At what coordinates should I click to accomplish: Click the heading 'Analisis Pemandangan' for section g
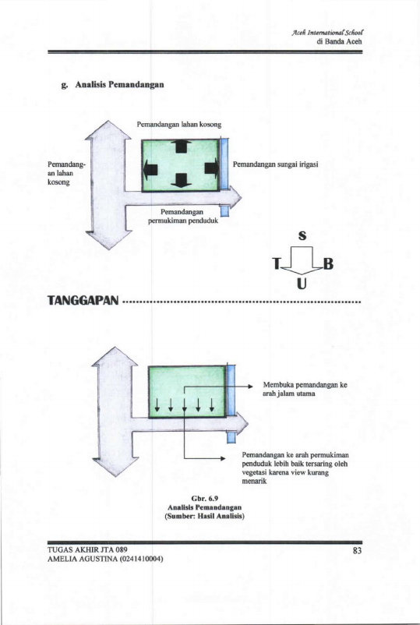tap(119, 84)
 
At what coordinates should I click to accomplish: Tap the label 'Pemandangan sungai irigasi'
tap(275, 164)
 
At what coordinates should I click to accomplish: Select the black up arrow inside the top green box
tap(182, 147)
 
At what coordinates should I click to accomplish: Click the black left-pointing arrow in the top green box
tap(150, 170)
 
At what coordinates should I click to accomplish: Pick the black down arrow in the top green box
tap(182, 181)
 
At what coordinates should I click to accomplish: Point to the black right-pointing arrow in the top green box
tap(212, 168)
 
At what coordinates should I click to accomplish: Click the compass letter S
tap(302, 235)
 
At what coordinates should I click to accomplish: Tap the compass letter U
tap(302, 284)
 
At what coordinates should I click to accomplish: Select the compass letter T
tap(276, 263)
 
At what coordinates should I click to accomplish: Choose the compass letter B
tap(328, 264)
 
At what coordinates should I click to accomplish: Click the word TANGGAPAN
tap(83, 300)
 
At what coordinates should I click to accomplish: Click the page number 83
tap(357, 551)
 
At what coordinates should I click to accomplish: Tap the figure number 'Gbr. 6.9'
tap(205, 499)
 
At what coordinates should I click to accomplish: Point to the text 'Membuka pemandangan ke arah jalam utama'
tap(305, 390)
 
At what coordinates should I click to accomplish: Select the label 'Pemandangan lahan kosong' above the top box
tap(179, 125)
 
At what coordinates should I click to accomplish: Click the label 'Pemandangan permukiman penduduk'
tap(183, 216)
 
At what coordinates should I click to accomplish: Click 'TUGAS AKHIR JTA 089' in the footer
tap(87, 550)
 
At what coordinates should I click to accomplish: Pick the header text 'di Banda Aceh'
tap(340, 41)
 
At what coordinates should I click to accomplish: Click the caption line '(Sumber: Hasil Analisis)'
tap(204, 516)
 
